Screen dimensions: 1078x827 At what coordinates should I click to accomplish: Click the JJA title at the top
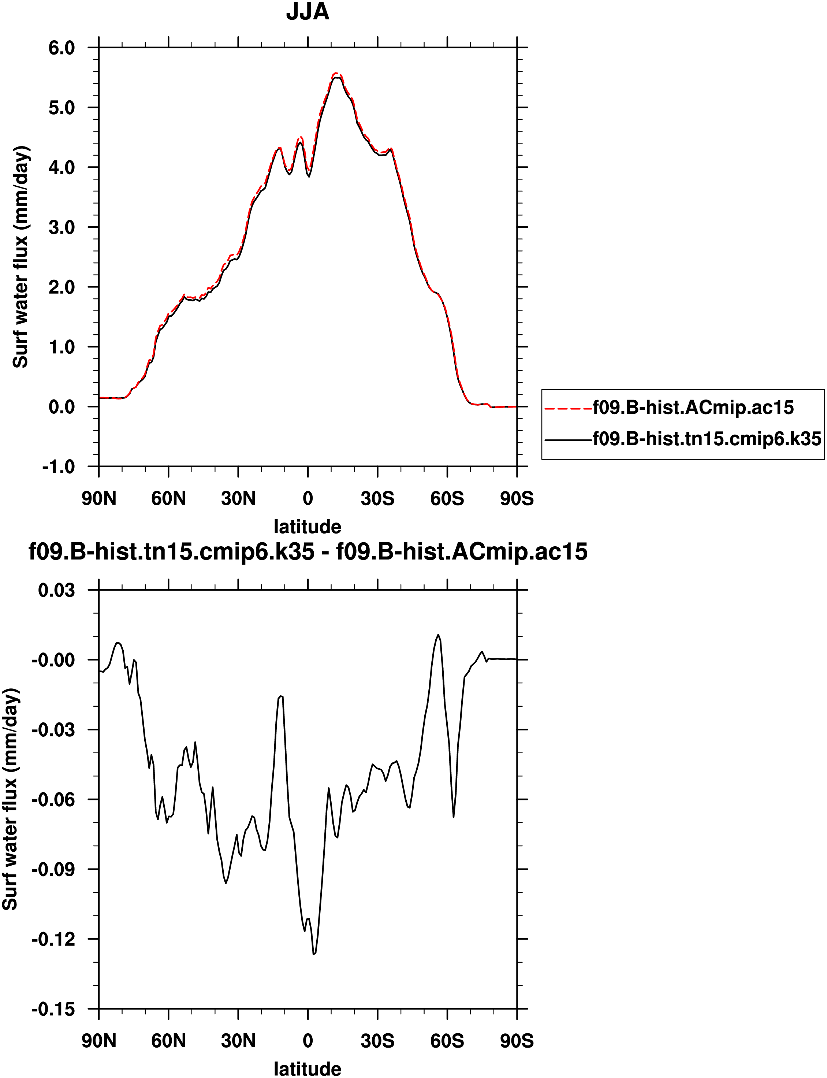click(x=307, y=12)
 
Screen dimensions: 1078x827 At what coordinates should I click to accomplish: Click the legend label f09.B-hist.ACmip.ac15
click(x=693, y=408)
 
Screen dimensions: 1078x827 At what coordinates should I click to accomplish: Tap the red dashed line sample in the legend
click(x=568, y=408)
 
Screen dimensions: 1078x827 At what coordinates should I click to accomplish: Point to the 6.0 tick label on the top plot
click(x=62, y=48)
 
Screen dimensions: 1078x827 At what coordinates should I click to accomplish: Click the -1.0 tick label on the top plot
click(x=59, y=466)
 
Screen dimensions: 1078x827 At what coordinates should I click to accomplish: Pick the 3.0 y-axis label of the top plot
click(x=62, y=227)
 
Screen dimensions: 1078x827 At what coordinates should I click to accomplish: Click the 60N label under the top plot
click(x=168, y=499)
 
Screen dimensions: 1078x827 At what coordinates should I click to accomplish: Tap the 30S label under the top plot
click(x=377, y=499)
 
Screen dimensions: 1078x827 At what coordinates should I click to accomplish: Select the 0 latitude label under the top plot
click(x=308, y=499)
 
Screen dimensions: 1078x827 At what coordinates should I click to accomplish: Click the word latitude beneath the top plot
click(x=307, y=527)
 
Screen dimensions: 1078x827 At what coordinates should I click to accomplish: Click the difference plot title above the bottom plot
click(x=308, y=552)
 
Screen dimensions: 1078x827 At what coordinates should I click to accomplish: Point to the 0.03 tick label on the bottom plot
click(x=57, y=590)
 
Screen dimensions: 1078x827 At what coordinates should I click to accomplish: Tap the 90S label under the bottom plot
click(x=517, y=1041)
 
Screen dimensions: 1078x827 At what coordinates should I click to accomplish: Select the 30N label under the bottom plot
click(x=238, y=1041)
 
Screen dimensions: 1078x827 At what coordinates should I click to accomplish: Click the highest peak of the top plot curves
click(x=336, y=74)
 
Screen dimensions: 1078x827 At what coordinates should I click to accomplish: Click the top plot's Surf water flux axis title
click(x=21, y=257)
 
